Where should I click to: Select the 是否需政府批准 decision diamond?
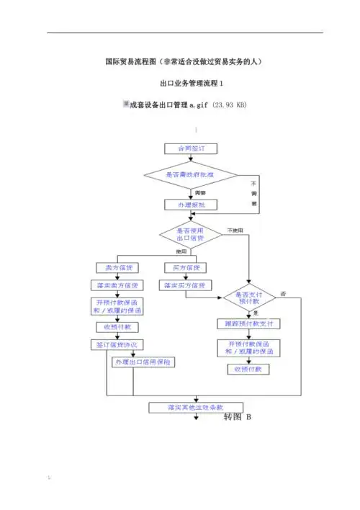tap(191, 175)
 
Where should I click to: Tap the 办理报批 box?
tap(186, 205)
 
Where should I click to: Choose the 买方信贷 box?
tap(186, 268)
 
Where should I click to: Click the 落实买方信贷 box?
tap(186, 285)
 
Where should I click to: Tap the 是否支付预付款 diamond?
tap(248, 297)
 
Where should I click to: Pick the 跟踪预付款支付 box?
tap(248, 324)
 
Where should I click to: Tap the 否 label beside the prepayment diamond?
tap(283, 293)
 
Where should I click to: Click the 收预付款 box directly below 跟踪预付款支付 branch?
tap(248, 369)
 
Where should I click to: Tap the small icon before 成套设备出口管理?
tap(125, 104)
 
